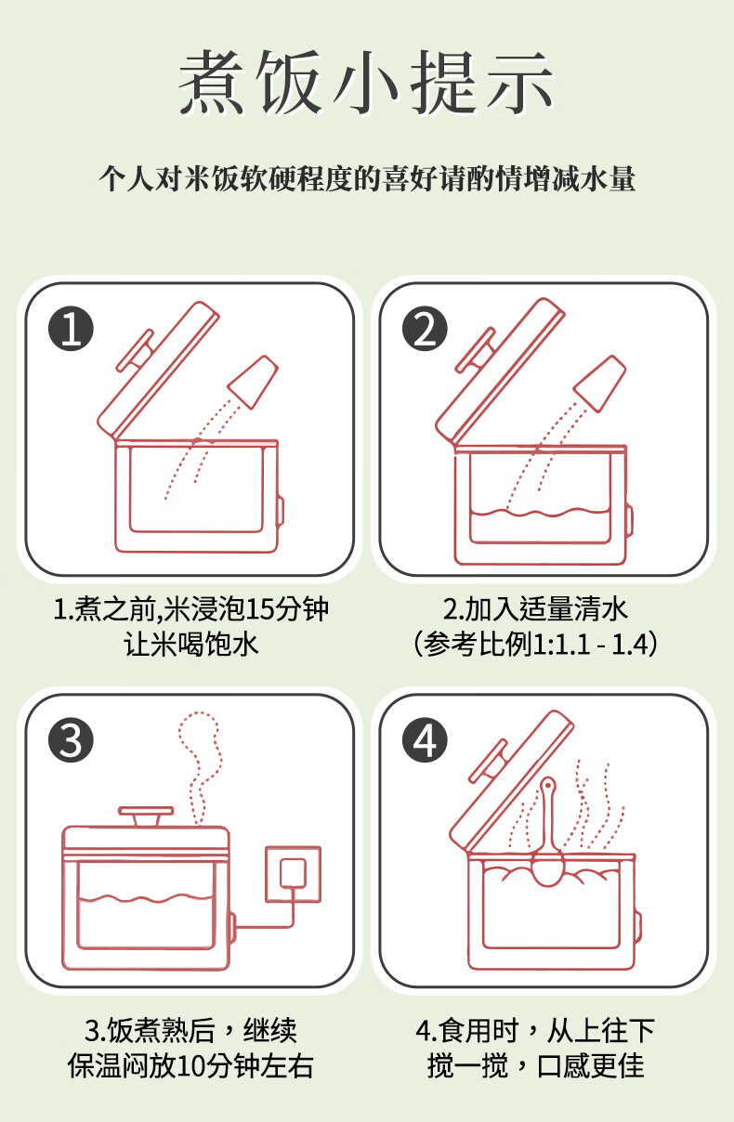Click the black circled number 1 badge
[x=71, y=329]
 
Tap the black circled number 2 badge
[x=425, y=329]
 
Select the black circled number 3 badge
[x=71, y=740]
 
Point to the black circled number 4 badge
[x=425, y=740]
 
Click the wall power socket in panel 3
[x=293, y=875]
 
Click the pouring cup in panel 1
[x=253, y=382]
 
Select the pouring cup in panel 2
[x=599, y=384]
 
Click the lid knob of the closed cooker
[x=146, y=816]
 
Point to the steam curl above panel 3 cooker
[x=201, y=766]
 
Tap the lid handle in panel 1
[x=135, y=351]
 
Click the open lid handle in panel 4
[x=488, y=762]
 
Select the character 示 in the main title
[x=520, y=82]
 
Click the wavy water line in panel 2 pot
[x=540, y=513]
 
